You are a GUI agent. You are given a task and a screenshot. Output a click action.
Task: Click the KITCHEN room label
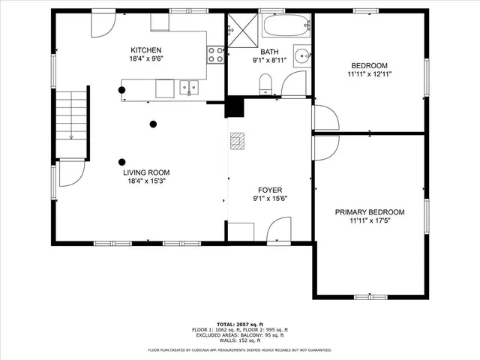click(x=146, y=50)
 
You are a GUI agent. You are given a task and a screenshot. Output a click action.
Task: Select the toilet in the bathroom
click(x=264, y=83)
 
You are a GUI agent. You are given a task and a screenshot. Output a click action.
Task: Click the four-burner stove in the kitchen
click(x=215, y=54)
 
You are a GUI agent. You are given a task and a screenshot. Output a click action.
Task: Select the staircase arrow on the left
click(x=70, y=137)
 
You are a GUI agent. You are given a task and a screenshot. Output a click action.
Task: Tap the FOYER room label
click(x=269, y=190)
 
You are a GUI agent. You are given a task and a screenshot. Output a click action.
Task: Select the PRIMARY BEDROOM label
click(x=370, y=212)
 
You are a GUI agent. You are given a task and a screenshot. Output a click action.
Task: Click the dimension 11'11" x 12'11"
click(x=370, y=74)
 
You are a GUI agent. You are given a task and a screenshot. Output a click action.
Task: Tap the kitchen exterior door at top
click(x=103, y=24)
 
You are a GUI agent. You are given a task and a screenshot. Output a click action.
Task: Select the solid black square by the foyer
click(x=235, y=107)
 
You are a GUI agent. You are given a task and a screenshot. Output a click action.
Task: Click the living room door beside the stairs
click(x=69, y=175)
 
